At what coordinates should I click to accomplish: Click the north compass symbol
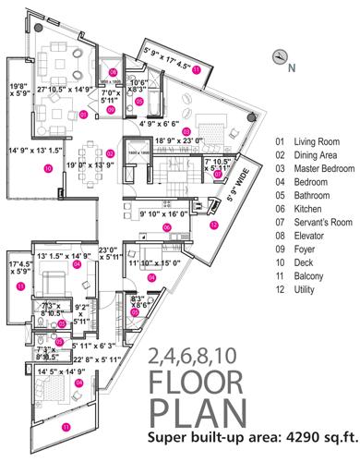click(x=279, y=57)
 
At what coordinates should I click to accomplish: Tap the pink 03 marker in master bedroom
click(x=186, y=131)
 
